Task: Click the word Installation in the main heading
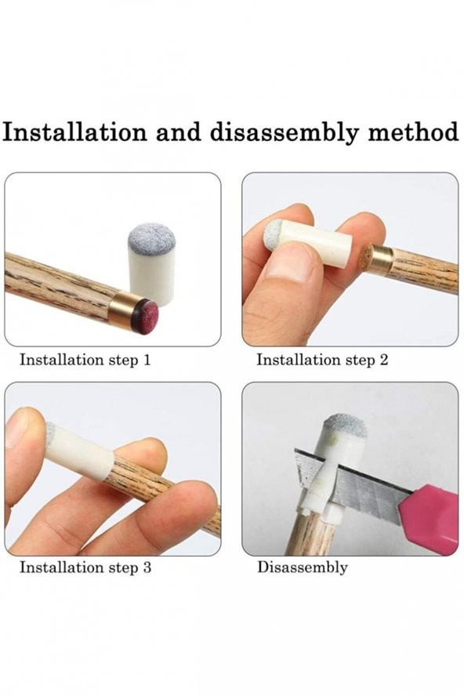[74, 132]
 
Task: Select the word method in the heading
[412, 132]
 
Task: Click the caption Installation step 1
[85, 360]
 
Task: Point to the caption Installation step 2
[322, 360]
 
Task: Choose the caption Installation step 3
[85, 567]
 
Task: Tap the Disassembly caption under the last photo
[303, 567]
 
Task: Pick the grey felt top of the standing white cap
[151, 235]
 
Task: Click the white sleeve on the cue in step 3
[81, 451]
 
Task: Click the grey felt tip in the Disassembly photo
[345, 426]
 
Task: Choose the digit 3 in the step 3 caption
[147, 567]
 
